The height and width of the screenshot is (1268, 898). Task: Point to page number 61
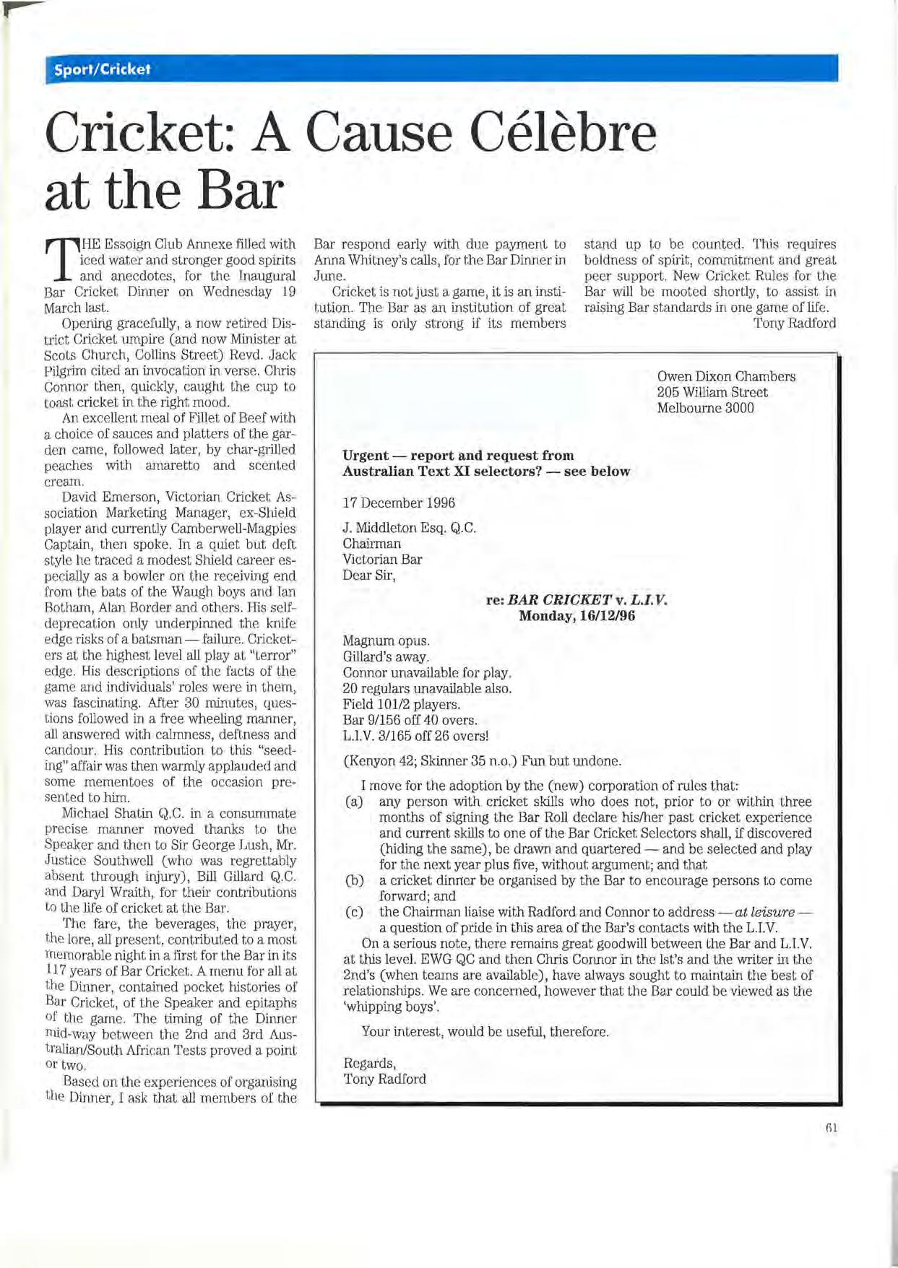[x=830, y=1127]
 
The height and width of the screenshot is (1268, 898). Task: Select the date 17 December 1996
[x=399, y=503]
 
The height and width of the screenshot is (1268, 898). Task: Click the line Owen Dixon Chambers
[x=726, y=376]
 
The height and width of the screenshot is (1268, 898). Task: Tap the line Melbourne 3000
[x=705, y=408]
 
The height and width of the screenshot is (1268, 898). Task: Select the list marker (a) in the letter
[x=354, y=802]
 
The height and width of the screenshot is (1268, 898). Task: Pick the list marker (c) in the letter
[x=354, y=912]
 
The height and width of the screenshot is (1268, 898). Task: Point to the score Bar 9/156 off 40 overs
[x=410, y=720]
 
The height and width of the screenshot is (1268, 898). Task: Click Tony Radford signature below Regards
[x=384, y=1079]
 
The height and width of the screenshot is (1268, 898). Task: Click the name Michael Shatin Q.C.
[x=117, y=813]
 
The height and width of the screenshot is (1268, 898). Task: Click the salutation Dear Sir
[x=369, y=576]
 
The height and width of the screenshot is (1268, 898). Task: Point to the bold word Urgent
[x=366, y=455]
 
